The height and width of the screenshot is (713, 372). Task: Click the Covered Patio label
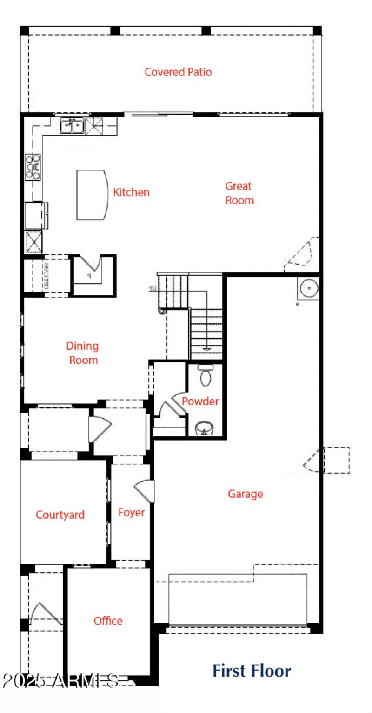click(x=178, y=72)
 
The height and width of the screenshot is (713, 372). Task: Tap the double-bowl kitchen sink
click(x=72, y=125)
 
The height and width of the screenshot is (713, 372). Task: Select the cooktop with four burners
click(x=33, y=166)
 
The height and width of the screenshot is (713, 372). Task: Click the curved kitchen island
click(x=92, y=195)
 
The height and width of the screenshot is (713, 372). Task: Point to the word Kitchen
click(x=132, y=192)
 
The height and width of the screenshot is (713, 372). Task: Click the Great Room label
click(x=239, y=193)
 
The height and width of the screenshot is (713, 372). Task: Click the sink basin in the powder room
click(x=203, y=427)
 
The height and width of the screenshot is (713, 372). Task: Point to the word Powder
click(x=200, y=401)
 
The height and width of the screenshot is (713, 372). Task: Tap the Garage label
click(x=245, y=494)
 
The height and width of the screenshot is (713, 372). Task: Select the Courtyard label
click(x=60, y=515)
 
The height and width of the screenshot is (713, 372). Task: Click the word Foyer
click(x=131, y=513)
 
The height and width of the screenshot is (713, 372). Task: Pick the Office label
click(x=108, y=621)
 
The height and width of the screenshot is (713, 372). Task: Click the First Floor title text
click(x=252, y=671)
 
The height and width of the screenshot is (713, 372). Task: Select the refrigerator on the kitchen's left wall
click(x=35, y=215)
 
